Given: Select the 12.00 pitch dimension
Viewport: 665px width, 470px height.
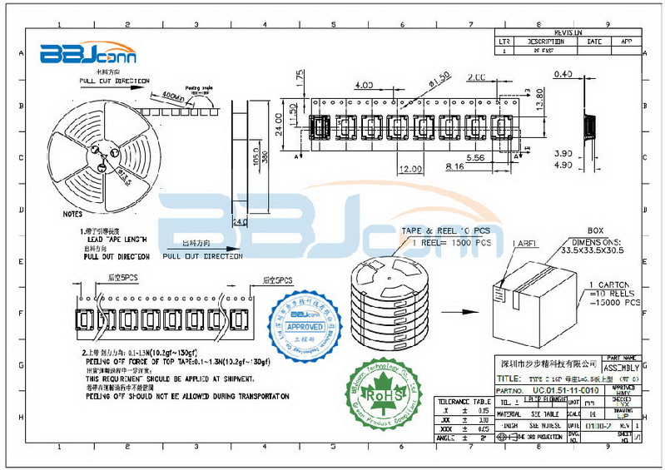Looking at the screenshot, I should pos(410,169).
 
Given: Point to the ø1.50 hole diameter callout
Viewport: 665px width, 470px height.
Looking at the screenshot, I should pos(439,80).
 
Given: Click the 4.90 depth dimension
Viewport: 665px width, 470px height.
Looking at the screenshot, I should pos(563,165).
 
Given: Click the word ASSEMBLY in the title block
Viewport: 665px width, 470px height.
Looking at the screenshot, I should pos(621,367).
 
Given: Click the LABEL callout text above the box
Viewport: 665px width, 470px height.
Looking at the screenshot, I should pos(524,243).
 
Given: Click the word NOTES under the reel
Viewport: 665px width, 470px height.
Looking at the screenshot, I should pos(73,213).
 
